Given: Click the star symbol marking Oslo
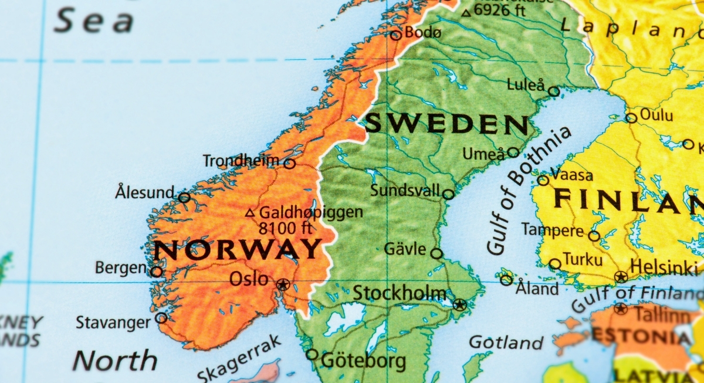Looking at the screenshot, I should tap(283, 285).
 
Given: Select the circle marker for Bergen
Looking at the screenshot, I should tap(157, 272).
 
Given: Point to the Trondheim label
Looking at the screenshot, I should tap(241, 161).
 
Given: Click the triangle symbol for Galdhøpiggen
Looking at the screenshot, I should tap(251, 213).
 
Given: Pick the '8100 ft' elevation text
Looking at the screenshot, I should tap(285, 228).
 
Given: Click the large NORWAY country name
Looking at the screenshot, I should tap(238, 250).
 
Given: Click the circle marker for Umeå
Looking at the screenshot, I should tap(513, 152).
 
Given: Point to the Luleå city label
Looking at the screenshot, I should tap(526, 85).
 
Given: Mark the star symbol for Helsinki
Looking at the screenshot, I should tap(621, 276).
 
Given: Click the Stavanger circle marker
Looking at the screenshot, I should tap(161, 318).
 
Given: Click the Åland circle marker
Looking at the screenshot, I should tap(506, 280).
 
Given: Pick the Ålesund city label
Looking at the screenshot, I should tap(145, 192).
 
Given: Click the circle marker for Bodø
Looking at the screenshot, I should tap(396, 35).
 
